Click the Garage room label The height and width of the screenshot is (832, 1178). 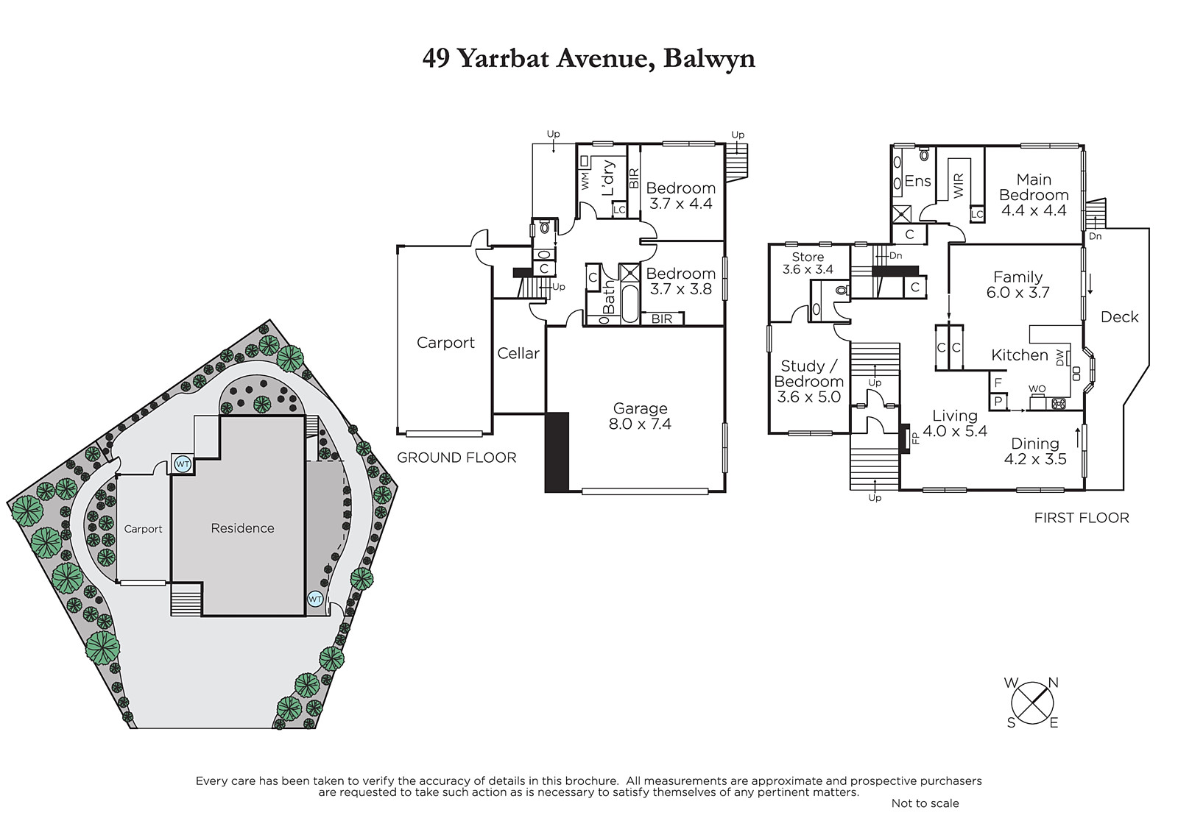(x=640, y=408)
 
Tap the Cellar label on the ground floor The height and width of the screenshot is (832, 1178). (x=518, y=353)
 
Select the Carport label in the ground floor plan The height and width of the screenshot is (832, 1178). (x=445, y=343)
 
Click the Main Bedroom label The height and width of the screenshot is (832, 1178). (x=1034, y=187)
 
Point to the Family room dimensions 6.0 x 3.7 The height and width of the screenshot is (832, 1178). (x=1018, y=292)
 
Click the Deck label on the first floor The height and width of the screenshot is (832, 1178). (x=1120, y=317)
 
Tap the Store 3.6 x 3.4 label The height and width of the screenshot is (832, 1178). (x=808, y=263)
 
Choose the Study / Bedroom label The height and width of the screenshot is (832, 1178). (x=809, y=374)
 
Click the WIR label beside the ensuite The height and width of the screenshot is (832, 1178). (x=958, y=186)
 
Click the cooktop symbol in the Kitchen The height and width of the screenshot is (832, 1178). (x=1059, y=404)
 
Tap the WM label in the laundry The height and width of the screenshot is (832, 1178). (x=585, y=181)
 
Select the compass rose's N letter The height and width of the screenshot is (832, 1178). (x=1054, y=683)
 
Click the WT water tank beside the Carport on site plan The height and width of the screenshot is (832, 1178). (x=183, y=465)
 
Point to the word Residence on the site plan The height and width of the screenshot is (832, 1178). (x=242, y=528)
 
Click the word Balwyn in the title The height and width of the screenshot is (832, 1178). (x=710, y=59)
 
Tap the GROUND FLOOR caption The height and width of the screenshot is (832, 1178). (x=456, y=458)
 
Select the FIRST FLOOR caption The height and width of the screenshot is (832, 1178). (x=1082, y=518)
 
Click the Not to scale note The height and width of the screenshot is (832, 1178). (x=925, y=803)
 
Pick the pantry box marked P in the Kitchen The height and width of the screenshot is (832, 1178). (x=998, y=402)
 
